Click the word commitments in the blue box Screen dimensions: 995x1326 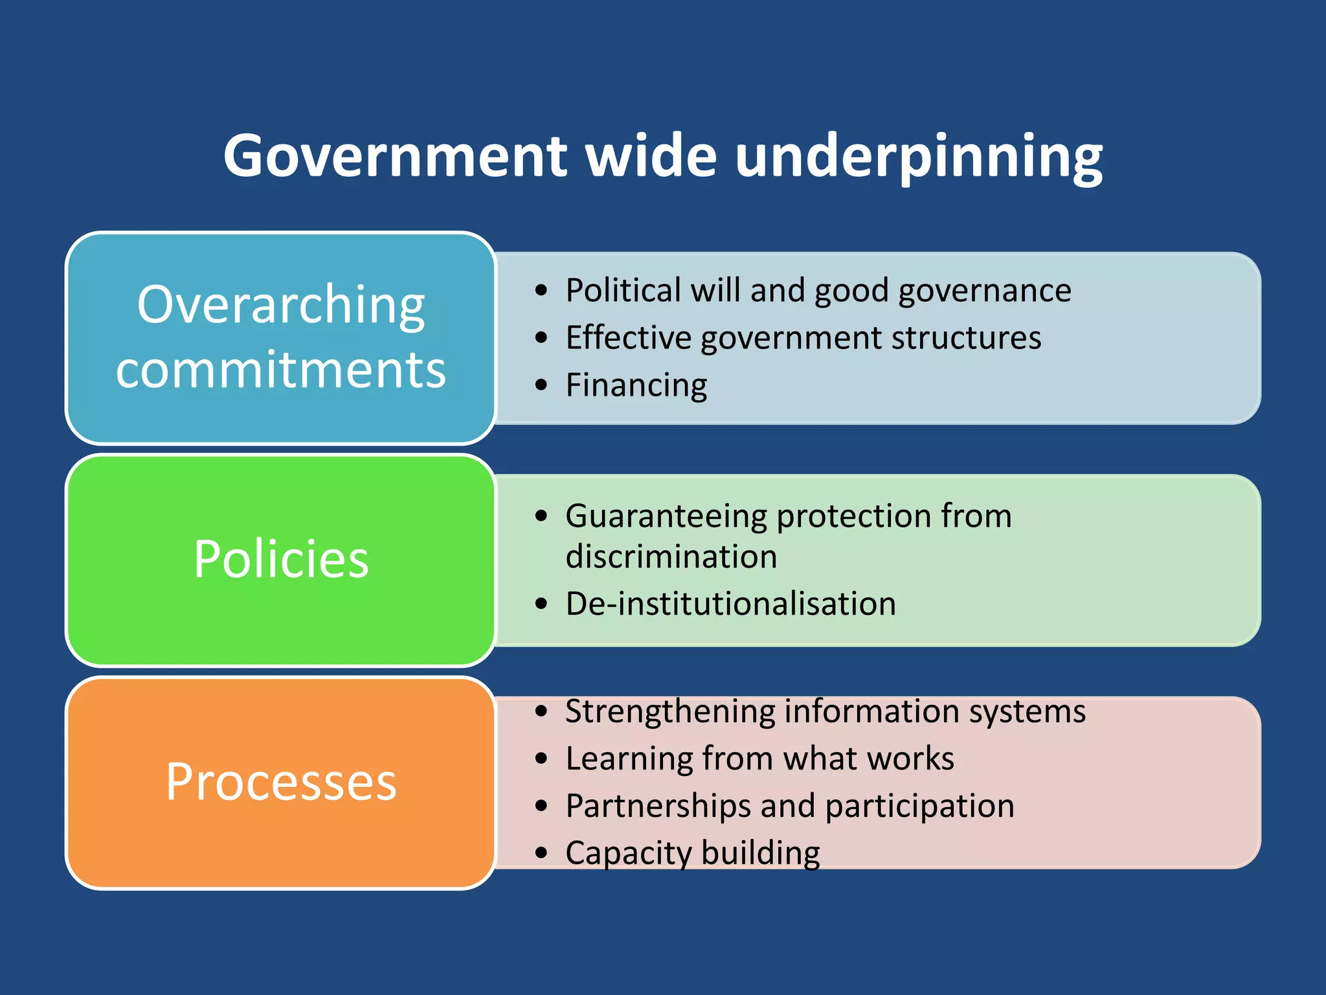(x=281, y=369)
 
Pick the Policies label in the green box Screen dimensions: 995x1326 (x=281, y=558)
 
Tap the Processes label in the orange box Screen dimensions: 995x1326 (x=281, y=782)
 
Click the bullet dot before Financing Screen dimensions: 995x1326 (x=541, y=385)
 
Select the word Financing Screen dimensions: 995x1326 (x=636, y=385)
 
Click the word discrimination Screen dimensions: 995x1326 (x=671, y=556)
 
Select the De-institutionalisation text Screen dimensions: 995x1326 (x=730, y=604)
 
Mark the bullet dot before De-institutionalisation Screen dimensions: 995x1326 (x=541, y=604)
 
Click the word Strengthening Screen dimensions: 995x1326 (x=669, y=711)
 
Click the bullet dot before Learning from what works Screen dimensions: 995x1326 (x=541, y=759)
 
